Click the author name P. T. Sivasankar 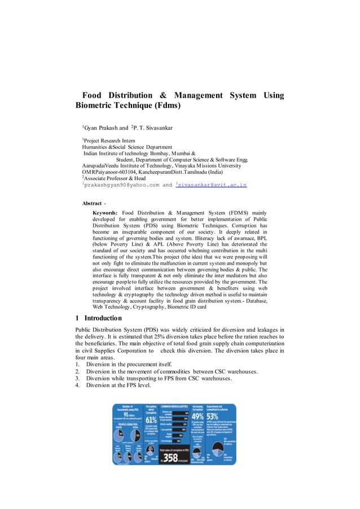[153, 128]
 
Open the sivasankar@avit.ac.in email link [213, 185]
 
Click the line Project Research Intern [110, 141]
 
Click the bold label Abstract [92, 203]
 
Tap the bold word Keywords [105, 212]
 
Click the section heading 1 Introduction [99, 318]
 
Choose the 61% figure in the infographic [151, 419]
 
